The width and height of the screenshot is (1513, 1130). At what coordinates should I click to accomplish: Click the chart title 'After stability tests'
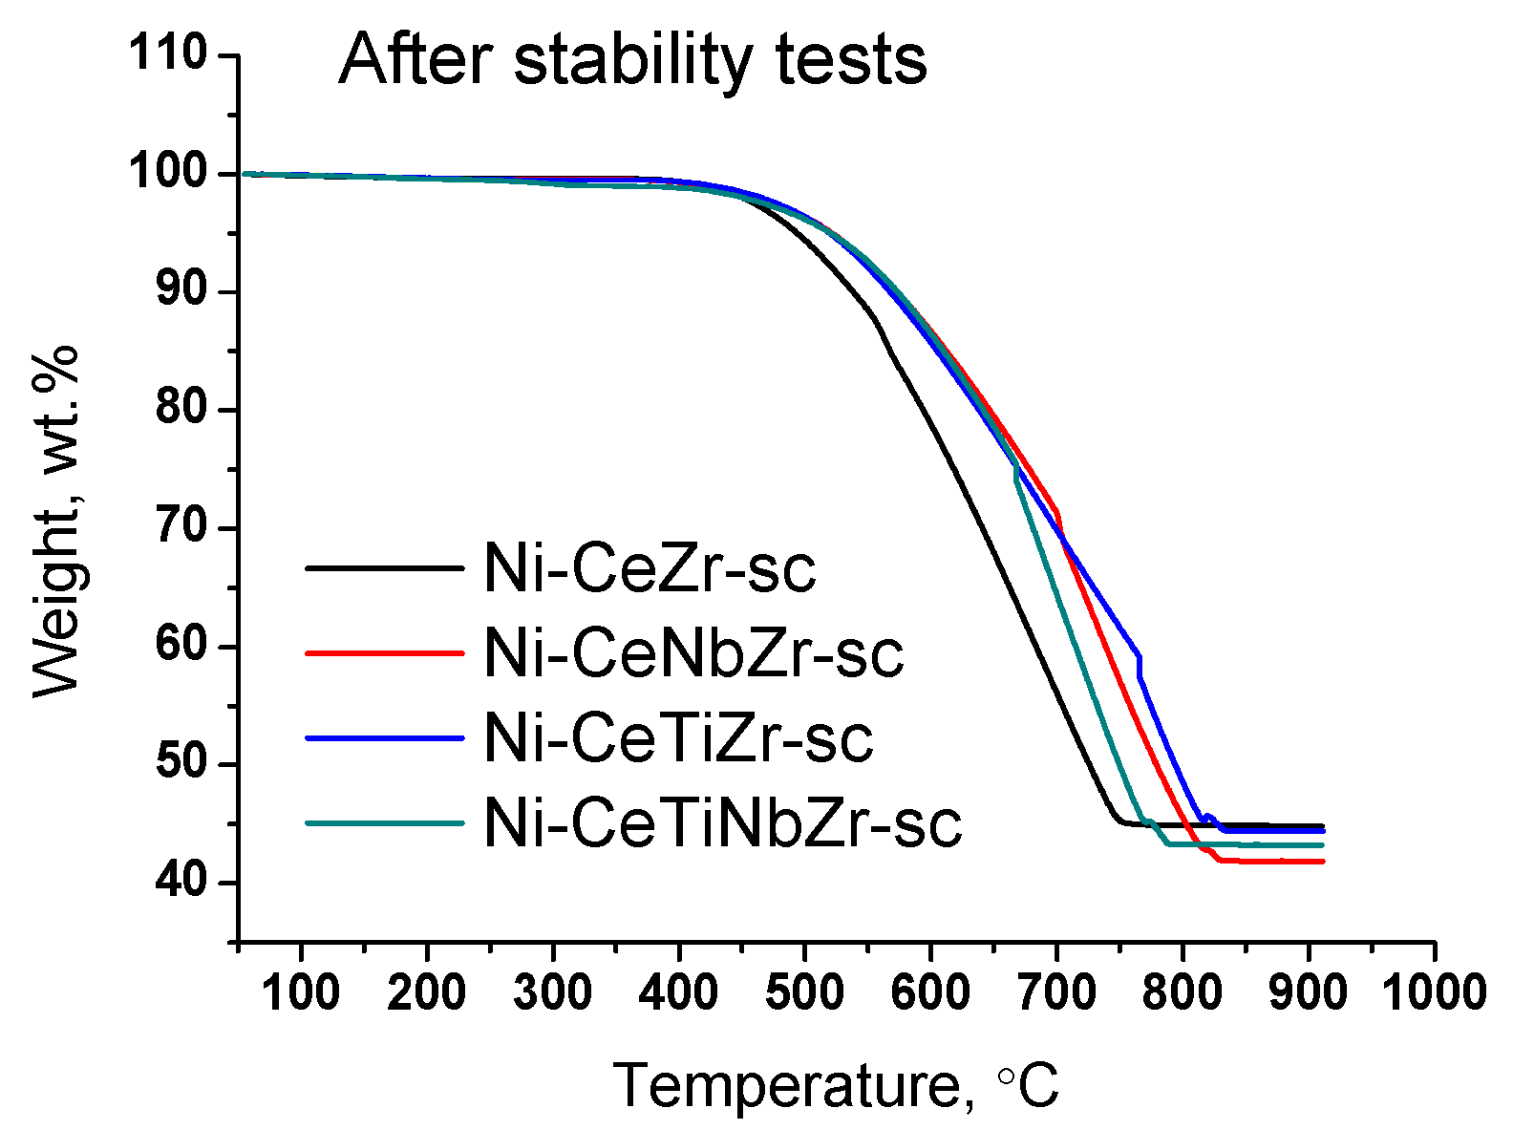(x=632, y=59)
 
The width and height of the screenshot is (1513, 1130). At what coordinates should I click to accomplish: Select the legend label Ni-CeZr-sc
(x=650, y=569)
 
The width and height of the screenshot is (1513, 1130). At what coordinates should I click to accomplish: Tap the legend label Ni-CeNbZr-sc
(x=693, y=654)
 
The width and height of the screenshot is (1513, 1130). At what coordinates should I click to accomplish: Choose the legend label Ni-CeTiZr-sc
(x=678, y=738)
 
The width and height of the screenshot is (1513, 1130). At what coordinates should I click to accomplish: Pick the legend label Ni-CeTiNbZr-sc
(x=723, y=822)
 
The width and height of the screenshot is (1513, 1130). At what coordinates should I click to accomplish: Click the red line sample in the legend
(x=384, y=653)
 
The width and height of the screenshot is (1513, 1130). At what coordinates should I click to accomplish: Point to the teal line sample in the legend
(x=384, y=822)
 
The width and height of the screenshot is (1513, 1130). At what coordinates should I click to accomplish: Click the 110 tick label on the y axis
(x=169, y=53)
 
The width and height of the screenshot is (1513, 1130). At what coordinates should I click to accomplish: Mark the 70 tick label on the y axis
(x=181, y=527)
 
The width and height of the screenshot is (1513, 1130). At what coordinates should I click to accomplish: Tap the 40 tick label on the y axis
(x=181, y=882)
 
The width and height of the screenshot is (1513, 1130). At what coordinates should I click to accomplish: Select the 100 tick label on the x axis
(x=301, y=992)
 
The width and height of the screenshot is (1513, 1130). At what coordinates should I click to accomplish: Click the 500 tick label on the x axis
(x=804, y=992)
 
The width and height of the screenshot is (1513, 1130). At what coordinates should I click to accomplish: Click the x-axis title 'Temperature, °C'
(x=836, y=1086)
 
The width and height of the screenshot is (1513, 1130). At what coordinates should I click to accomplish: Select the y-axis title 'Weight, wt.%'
(x=55, y=523)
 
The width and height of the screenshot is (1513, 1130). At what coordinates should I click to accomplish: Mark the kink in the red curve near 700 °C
(x=1056, y=513)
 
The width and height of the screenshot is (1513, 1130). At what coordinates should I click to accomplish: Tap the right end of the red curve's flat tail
(x=1322, y=862)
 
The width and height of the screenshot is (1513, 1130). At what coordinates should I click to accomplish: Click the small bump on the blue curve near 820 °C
(x=1208, y=816)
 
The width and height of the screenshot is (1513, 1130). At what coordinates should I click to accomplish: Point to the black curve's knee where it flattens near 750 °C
(x=1118, y=821)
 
